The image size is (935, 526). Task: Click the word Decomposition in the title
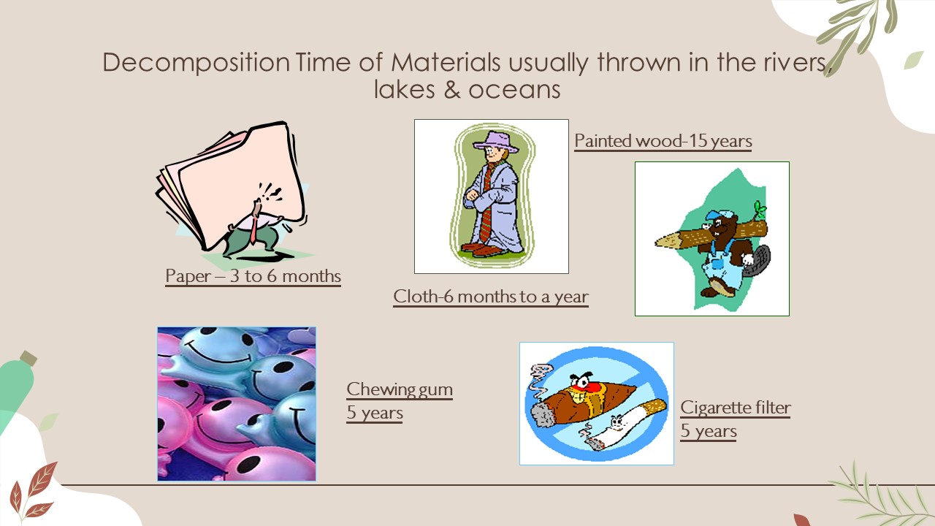click(x=196, y=64)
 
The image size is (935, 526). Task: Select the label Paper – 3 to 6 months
click(x=253, y=276)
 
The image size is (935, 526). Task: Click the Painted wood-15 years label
click(x=663, y=141)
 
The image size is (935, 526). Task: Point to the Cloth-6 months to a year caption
click(x=491, y=297)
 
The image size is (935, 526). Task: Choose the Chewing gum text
click(x=400, y=389)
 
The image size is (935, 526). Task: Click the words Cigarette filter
click(x=736, y=408)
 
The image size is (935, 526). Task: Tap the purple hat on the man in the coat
click(x=495, y=142)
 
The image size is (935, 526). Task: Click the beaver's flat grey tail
click(x=758, y=261)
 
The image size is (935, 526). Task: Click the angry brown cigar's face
click(x=584, y=386)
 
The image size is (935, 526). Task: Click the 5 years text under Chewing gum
click(x=375, y=413)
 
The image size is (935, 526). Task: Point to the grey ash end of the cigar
click(x=543, y=413)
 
